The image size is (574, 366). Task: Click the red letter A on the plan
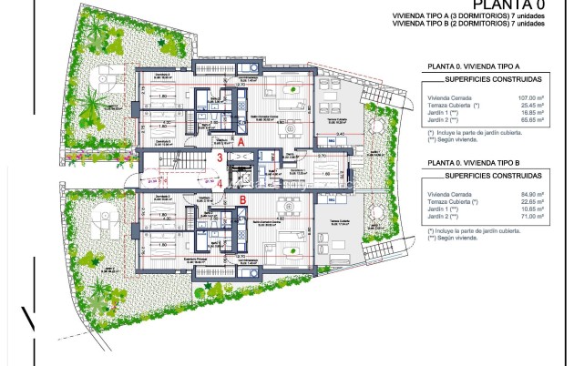pyautogui.click(x=241, y=143)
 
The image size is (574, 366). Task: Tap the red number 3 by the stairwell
pyautogui.click(x=220, y=158)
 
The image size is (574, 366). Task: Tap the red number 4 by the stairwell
pyautogui.click(x=220, y=182)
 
